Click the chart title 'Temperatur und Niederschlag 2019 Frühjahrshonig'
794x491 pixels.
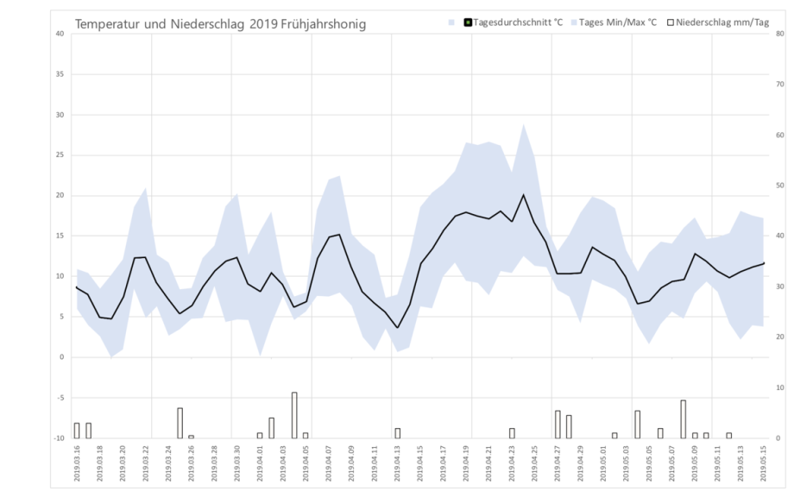pos(220,24)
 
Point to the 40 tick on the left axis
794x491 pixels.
pos(60,34)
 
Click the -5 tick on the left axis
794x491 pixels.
pos(60,398)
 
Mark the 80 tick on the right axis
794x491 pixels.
pos(779,34)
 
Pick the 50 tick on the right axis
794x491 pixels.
pos(779,186)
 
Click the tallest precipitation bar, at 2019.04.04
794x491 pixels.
pos(294,415)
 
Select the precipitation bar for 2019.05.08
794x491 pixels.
pos(683,419)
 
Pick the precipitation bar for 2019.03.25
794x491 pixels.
pos(180,423)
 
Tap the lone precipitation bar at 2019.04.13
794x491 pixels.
pos(397,433)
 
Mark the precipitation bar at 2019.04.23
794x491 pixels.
pos(512,433)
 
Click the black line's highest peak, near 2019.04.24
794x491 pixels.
pos(523,195)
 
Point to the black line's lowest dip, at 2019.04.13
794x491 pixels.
pos(397,327)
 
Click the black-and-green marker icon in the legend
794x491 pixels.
pos(467,22)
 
